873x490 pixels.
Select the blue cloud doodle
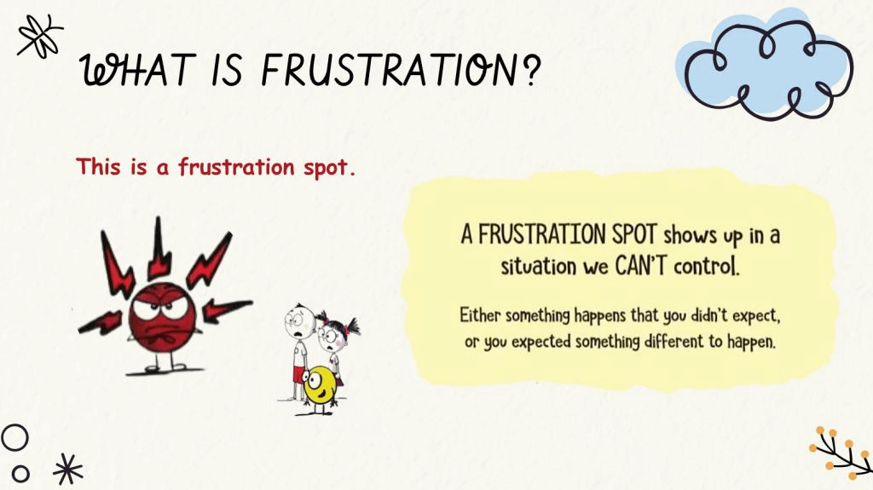(766, 64)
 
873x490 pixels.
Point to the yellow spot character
(319, 386)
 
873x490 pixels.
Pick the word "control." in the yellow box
(707, 267)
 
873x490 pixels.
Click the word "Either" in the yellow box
(480, 315)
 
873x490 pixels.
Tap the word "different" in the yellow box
(674, 340)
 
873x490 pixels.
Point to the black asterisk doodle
(68, 469)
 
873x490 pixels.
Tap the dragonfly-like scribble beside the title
(39, 36)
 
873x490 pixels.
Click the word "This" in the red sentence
(98, 166)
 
